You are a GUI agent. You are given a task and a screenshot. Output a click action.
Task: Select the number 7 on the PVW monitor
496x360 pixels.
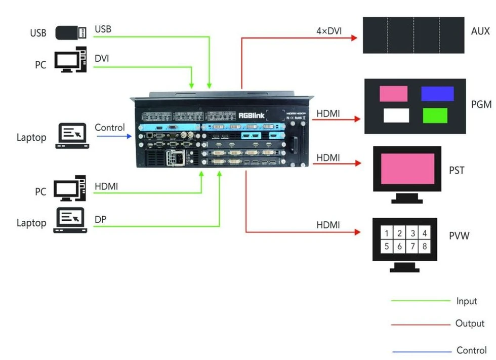click(413, 246)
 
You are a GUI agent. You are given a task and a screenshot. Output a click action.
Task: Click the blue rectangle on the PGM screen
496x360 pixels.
click(437, 94)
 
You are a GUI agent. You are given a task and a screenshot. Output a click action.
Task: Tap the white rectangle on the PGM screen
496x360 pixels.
click(396, 115)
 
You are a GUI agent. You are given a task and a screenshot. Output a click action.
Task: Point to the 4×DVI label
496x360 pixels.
click(329, 31)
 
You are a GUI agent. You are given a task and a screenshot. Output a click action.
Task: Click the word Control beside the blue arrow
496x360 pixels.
click(110, 127)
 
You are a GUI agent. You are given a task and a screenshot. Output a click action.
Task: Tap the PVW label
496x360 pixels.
click(459, 235)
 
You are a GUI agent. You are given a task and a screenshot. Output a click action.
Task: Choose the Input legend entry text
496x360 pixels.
click(466, 301)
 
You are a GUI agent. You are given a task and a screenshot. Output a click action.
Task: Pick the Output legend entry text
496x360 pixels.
click(469, 324)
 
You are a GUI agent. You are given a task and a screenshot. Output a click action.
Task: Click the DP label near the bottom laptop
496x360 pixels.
click(101, 219)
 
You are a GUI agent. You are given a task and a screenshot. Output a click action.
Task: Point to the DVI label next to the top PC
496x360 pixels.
click(102, 58)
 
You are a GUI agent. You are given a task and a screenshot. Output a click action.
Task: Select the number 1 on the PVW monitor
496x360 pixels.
click(387, 233)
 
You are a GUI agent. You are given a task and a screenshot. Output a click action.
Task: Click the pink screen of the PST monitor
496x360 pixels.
click(407, 169)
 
